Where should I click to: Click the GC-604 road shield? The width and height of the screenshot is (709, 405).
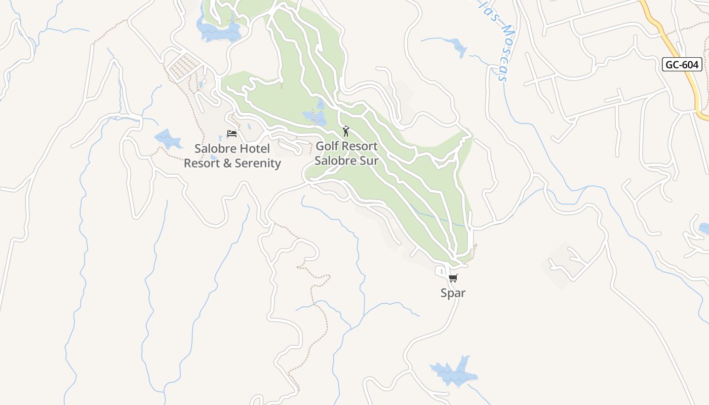682,64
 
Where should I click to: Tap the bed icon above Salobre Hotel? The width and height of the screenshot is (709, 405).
232,134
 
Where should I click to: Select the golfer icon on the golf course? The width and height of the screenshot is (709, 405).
346,132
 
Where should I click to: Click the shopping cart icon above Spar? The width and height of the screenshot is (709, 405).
453,278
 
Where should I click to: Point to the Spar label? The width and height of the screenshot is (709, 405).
453,293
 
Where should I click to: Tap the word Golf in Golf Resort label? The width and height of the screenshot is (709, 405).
327,146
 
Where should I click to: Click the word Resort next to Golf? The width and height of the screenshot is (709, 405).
359,146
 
